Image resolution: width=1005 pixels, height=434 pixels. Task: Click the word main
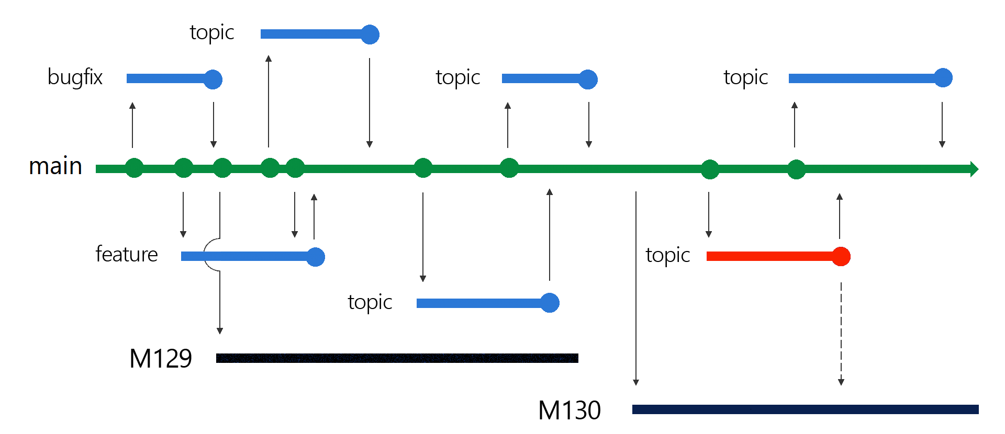[x=55, y=166]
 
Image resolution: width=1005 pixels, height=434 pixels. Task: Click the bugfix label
[x=75, y=77]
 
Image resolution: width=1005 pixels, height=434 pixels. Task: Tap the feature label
[x=126, y=255]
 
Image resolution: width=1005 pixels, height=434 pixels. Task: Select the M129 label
[x=160, y=359]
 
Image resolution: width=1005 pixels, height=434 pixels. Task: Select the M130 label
[x=569, y=410]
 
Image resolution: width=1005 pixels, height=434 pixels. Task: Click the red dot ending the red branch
[x=841, y=256]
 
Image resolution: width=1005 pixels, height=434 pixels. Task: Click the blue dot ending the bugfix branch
[x=213, y=79]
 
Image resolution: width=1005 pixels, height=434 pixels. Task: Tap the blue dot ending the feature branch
[x=316, y=257]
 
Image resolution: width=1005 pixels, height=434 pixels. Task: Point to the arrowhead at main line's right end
[x=974, y=169]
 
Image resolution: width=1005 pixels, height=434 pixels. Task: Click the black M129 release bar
[x=397, y=358]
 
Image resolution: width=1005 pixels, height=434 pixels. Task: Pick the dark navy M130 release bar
[x=805, y=409]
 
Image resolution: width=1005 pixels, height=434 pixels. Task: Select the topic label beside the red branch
[x=667, y=255]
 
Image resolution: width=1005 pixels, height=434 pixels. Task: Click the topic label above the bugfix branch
[x=211, y=32]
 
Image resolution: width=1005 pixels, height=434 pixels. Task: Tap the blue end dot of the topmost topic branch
[x=370, y=35]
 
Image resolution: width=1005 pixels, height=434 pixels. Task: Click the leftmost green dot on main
[x=135, y=168]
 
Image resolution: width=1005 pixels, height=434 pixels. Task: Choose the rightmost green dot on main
[x=796, y=169]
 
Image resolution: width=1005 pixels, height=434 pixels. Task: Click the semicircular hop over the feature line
[x=210, y=255]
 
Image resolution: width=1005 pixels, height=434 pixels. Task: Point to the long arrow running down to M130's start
[x=636, y=288]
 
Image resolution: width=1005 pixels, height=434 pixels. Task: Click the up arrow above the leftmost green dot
[x=132, y=125]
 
